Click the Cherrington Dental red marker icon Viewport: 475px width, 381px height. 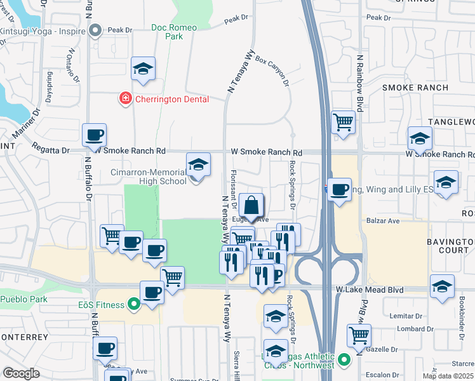(126, 98)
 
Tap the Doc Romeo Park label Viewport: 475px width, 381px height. (175, 32)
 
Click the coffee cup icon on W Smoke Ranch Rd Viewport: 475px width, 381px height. (94, 135)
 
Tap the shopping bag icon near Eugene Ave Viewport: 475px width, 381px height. (252, 205)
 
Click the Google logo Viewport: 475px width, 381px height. (21, 373)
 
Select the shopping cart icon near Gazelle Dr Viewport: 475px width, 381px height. (359, 335)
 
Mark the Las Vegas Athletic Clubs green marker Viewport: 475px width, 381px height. (344, 361)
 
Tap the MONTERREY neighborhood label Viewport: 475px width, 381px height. (24, 337)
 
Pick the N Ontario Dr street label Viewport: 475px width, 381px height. (73, 67)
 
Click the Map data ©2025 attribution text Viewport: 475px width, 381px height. (448, 376)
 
